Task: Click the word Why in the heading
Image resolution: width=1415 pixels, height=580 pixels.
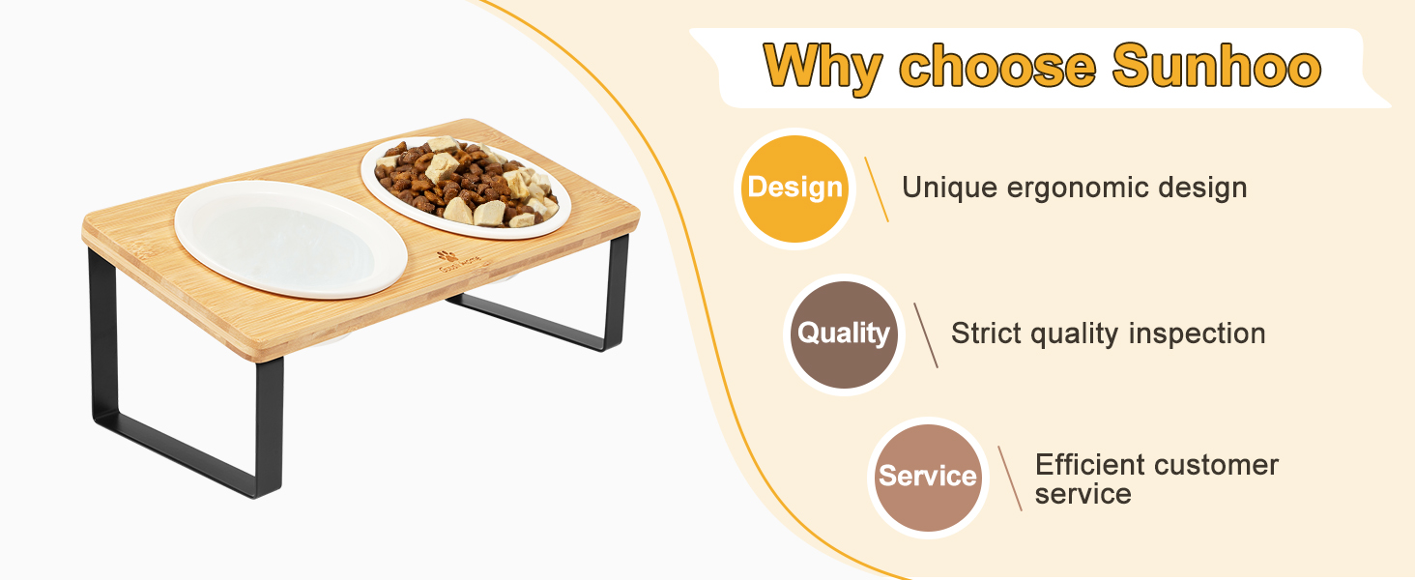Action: [x=823, y=68]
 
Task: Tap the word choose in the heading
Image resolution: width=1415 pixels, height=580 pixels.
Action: [x=996, y=68]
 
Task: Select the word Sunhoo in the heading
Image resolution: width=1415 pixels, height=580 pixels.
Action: [x=1217, y=68]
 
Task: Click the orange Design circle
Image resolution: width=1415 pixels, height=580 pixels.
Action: [x=794, y=188]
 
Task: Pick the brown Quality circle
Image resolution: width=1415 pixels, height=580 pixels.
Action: [x=843, y=334]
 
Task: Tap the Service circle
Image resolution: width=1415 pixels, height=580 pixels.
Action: [x=927, y=477]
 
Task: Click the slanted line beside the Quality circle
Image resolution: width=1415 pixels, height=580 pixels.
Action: [x=926, y=334]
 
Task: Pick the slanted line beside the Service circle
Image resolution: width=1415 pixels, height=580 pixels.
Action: [x=1009, y=478]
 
